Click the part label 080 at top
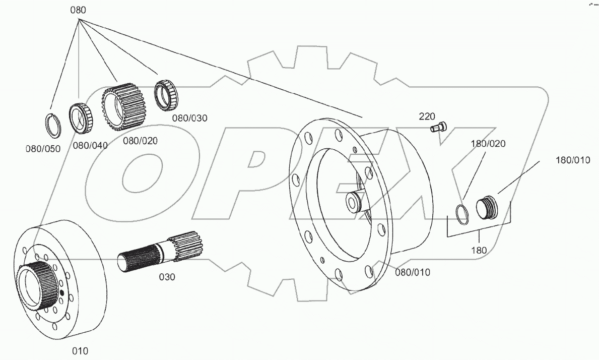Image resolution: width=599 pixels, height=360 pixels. click(78, 10)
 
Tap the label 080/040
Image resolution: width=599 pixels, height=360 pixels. click(90, 146)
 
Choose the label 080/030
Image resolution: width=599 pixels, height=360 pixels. click(189, 118)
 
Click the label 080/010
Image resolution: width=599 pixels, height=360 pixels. click(413, 272)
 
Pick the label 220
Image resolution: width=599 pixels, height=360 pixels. click(427, 116)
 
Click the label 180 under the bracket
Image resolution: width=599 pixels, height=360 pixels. click(479, 250)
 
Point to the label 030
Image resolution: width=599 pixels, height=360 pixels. click(167, 277)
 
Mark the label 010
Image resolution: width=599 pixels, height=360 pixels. click(80, 350)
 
